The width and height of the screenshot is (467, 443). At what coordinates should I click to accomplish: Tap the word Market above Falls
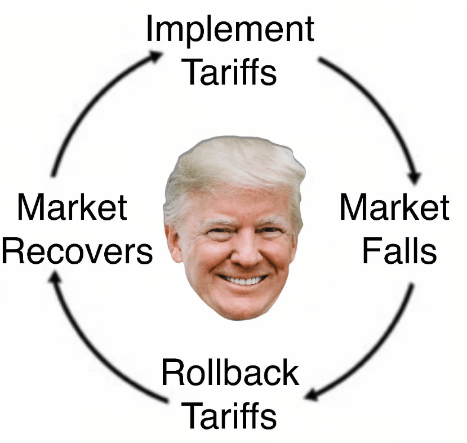tap(394, 207)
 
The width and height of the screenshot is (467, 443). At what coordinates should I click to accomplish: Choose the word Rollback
tap(230, 373)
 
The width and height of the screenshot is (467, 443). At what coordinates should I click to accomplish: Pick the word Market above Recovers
tap(72, 207)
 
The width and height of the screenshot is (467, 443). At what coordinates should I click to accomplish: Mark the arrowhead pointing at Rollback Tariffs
tap(312, 395)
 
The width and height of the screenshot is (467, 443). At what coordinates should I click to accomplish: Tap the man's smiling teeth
tap(243, 280)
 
